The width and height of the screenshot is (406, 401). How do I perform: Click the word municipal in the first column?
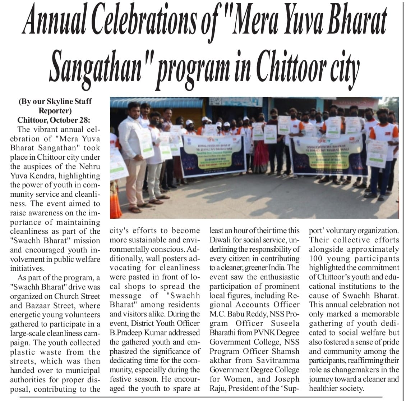click(x=82, y=370)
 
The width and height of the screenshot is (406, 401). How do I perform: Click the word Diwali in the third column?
click(x=221, y=240)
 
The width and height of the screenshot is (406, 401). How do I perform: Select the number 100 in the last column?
click(x=317, y=259)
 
